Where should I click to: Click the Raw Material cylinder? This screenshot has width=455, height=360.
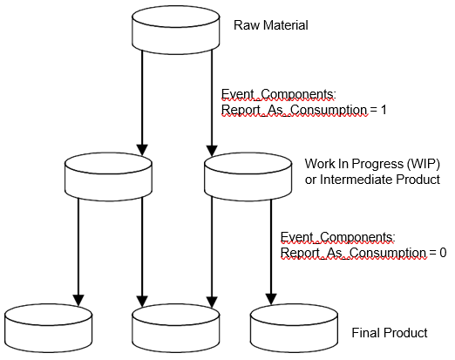click(x=176, y=30)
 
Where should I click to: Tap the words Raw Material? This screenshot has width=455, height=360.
click(x=271, y=25)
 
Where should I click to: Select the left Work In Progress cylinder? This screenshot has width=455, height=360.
click(x=108, y=177)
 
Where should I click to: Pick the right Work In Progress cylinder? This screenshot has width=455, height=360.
click(x=248, y=177)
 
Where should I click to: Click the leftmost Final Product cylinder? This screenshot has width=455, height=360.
click(x=49, y=329)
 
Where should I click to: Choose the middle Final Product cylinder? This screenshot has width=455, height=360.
click(x=176, y=329)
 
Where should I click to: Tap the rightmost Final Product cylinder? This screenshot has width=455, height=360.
click(x=294, y=329)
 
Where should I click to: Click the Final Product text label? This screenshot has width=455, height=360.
click(x=390, y=333)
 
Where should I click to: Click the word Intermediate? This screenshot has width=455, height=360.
click(x=357, y=180)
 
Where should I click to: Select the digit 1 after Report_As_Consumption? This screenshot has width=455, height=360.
click(x=384, y=110)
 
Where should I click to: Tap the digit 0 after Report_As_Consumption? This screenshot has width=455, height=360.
click(x=443, y=253)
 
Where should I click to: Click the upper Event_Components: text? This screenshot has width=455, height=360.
click(x=279, y=94)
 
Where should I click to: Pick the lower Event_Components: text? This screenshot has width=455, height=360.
click(x=338, y=237)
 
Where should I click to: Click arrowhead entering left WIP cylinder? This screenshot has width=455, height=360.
click(x=142, y=150)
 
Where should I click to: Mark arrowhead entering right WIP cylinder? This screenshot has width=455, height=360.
click(x=212, y=151)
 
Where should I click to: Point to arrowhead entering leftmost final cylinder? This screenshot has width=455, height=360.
click(x=78, y=301)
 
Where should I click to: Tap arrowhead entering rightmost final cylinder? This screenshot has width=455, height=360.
click(x=271, y=299)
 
